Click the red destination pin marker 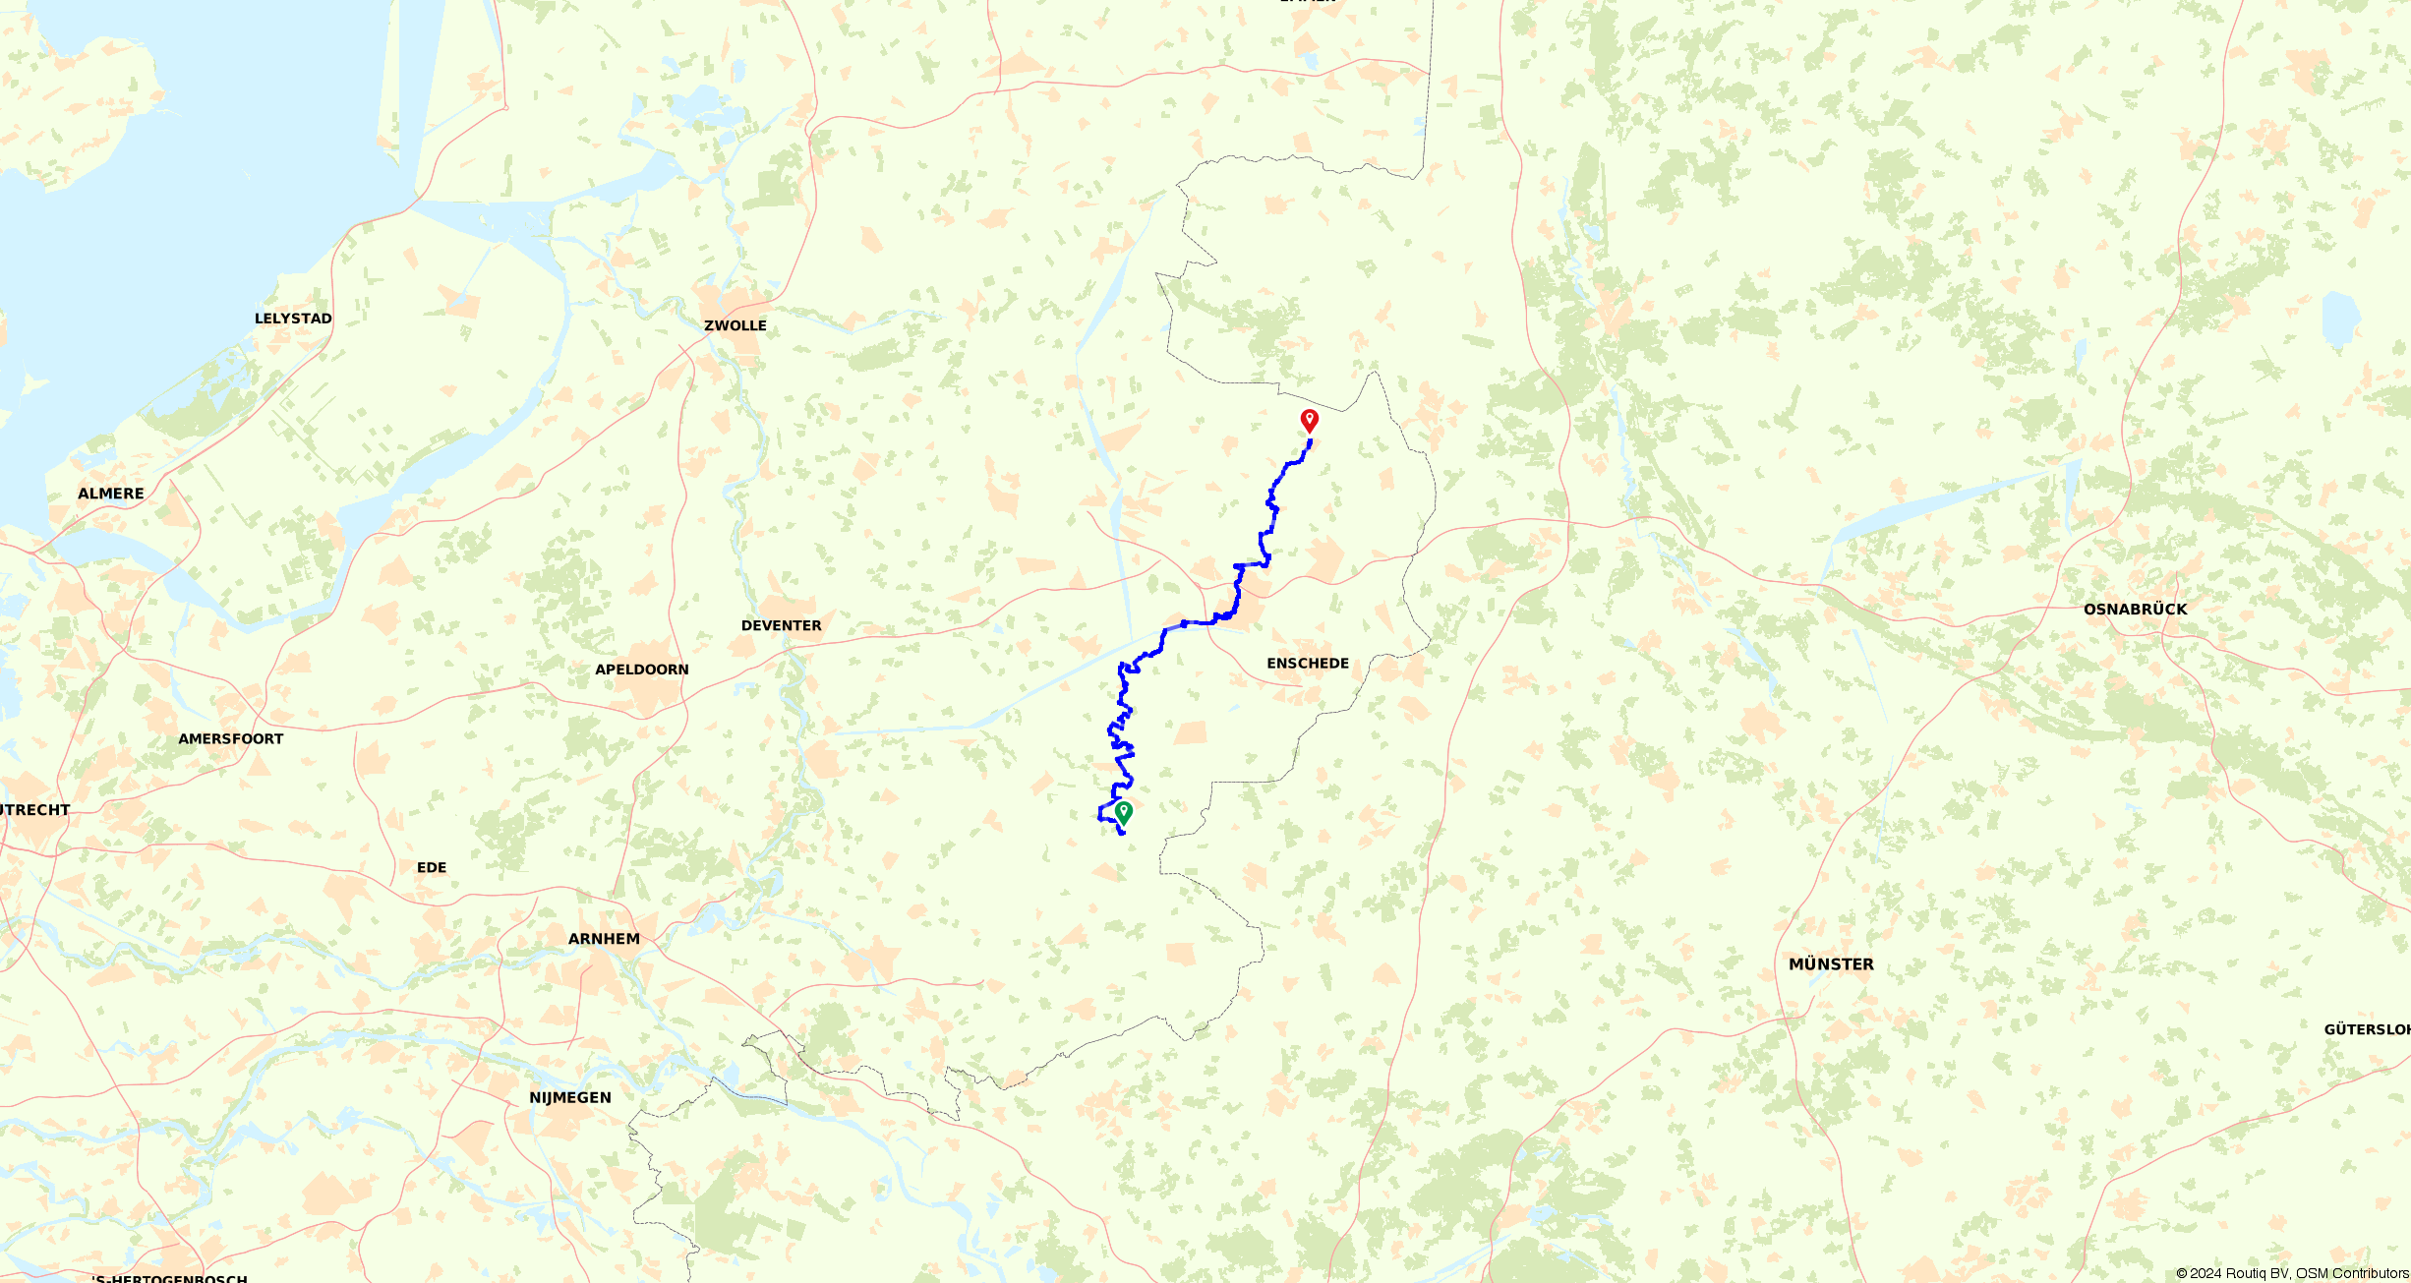pyautogui.click(x=1309, y=420)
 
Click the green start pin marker pyautogui.click(x=1124, y=812)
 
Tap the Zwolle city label pyautogui.click(x=735, y=325)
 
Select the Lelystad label pyautogui.click(x=293, y=319)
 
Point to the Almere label pyautogui.click(x=111, y=494)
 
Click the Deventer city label pyautogui.click(x=781, y=625)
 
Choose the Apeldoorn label pyautogui.click(x=642, y=670)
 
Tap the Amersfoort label pyautogui.click(x=231, y=739)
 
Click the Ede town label pyautogui.click(x=432, y=867)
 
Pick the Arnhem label pyautogui.click(x=604, y=939)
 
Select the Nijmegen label pyautogui.click(x=570, y=1097)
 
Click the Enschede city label pyautogui.click(x=1308, y=664)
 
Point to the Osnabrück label pyautogui.click(x=2135, y=610)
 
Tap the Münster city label pyautogui.click(x=1831, y=964)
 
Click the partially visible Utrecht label pyautogui.click(x=34, y=810)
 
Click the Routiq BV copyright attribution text pyautogui.click(x=2291, y=1273)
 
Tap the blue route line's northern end pyautogui.click(x=1310, y=441)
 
